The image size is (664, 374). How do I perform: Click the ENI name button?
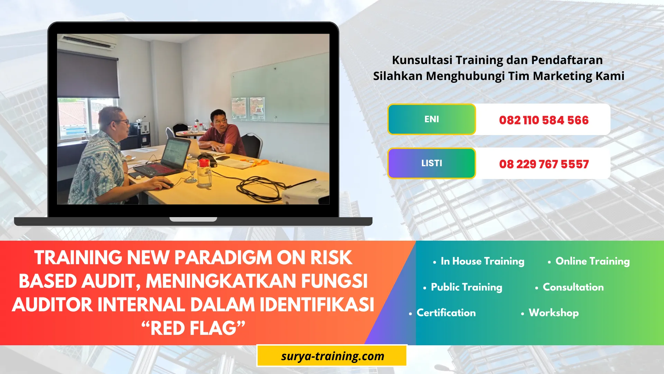click(432, 119)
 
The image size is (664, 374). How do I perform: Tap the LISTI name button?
click(432, 163)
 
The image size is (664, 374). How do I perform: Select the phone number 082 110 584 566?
click(543, 120)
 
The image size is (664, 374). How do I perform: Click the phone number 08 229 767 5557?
click(543, 164)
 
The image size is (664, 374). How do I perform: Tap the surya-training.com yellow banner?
click(332, 356)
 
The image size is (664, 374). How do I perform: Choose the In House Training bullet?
click(482, 261)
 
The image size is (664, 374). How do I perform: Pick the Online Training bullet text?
click(592, 261)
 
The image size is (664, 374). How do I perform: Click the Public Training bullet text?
click(466, 287)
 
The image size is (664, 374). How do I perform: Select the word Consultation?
click(573, 287)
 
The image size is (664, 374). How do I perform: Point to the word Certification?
click(446, 313)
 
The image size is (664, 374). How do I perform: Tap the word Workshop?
click(553, 313)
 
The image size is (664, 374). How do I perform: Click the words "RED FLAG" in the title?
click(194, 328)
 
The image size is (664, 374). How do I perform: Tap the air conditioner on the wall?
click(88, 42)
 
